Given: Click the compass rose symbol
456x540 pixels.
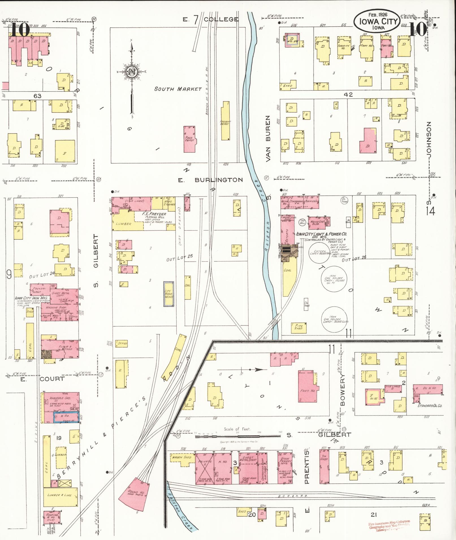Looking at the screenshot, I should (131, 72).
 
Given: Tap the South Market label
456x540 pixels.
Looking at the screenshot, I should (178, 89).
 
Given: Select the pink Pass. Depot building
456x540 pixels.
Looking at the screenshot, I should (189, 139).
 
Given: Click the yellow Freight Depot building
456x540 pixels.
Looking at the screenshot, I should (225, 121).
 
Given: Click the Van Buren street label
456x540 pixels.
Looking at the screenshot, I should (268, 138).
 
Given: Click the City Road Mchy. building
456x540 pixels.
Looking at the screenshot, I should (169, 294).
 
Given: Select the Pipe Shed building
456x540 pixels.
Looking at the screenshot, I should (299, 327).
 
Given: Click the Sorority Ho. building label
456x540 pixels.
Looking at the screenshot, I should (343, 47).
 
